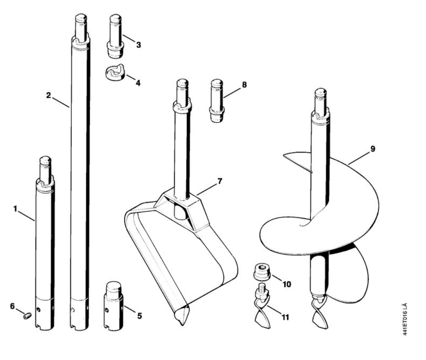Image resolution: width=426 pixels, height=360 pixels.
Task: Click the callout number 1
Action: click(15, 209)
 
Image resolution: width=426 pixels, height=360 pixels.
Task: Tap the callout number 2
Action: click(48, 95)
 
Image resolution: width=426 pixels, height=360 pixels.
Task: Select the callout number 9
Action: click(373, 149)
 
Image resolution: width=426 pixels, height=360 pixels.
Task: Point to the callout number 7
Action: click(220, 181)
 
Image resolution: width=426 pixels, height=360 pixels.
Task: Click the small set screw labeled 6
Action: click(27, 316)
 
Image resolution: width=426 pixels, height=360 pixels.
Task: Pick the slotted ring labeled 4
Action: click(115, 73)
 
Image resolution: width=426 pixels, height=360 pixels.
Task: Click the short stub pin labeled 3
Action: click(116, 36)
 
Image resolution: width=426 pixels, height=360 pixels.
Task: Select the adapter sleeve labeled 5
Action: click(113, 306)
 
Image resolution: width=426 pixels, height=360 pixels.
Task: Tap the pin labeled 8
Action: click(217, 101)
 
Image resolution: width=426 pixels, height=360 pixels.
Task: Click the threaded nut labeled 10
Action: click(262, 272)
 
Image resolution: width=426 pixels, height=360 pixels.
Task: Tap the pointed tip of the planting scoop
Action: click(182, 324)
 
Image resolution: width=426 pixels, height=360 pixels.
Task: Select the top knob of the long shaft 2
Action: click(81, 19)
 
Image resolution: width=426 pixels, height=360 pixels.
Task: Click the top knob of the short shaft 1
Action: click(45, 160)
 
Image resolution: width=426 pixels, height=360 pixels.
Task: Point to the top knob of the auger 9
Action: click(321, 93)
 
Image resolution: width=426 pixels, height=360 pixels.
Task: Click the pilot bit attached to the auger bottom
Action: click(320, 313)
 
